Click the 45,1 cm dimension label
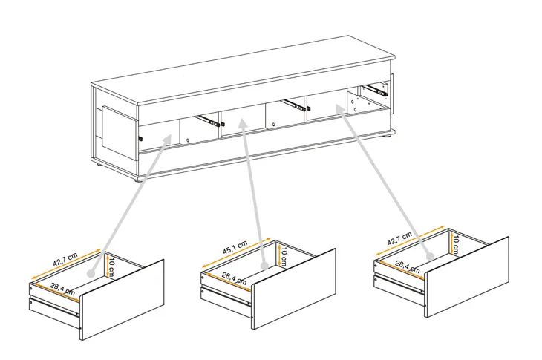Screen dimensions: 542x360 click(x=235, y=247)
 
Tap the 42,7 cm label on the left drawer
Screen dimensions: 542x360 click(x=65, y=260)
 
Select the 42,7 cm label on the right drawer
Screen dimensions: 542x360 click(x=399, y=238)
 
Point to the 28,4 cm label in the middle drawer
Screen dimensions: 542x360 click(x=234, y=278)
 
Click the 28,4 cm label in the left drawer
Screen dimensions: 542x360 click(x=62, y=289)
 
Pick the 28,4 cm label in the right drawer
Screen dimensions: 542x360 click(x=408, y=266)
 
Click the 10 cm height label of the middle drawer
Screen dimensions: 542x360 click(x=284, y=256)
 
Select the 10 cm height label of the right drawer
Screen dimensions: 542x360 click(x=455, y=245)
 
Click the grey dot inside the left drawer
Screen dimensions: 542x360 click(x=91, y=274)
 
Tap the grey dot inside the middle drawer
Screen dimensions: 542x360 click(x=264, y=266)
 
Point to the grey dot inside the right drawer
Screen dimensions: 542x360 click(x=430, y=256)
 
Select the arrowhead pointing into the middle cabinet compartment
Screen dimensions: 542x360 click(x=244, y=125)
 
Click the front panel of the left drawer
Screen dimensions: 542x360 click(x=122, y=300)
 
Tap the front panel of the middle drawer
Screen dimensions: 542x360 click(x=294, y=289)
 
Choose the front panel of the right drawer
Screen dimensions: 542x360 click(x=466, y=277)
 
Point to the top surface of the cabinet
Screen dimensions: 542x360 click(x=244, y=70)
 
